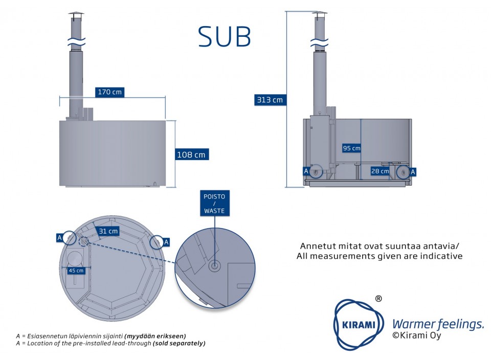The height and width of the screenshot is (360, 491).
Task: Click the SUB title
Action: [225, 37]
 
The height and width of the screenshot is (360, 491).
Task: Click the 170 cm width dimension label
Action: [109, 92]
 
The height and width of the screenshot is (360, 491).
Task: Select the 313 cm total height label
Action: [270, 100]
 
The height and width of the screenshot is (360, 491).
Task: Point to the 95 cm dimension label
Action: [351, 148]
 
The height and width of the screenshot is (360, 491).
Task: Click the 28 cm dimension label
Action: [380, 171]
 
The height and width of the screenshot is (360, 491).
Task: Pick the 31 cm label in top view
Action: [108, 231]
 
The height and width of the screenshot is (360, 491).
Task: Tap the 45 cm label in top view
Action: [76, 271]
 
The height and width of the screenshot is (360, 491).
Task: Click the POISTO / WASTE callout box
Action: [214, 204]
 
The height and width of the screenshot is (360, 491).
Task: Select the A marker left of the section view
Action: [306, 171]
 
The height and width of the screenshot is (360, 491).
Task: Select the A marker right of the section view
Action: [413, 171]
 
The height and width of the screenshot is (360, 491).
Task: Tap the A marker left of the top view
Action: [59, 237]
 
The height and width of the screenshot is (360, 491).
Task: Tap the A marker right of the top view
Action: [166, 241]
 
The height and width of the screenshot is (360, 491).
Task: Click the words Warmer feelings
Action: [437, 324]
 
